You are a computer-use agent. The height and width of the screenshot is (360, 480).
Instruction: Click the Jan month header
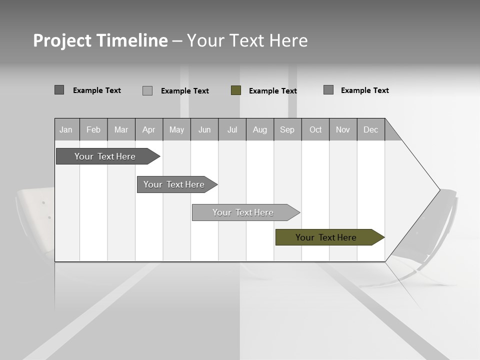tap(66, 129)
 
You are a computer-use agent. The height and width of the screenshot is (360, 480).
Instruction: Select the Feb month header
tap(93, 129)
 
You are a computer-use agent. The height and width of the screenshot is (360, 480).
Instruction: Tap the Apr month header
tap(149, 129)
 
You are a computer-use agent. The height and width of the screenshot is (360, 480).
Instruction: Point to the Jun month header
tap(204, 129)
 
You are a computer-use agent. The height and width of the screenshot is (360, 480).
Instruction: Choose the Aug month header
tap(260, 129)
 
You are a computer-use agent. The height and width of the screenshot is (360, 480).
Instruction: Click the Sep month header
tap(287, 129)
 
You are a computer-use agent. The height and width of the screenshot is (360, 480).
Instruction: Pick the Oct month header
tap(315, 129)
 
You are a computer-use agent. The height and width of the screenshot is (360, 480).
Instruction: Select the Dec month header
tap(371, 129)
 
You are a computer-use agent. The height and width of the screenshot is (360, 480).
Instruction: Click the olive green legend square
tap(236, 90)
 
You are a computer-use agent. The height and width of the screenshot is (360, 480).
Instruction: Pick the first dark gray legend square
tap(59, 90)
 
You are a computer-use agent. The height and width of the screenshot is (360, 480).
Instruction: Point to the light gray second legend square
tap(147, 90)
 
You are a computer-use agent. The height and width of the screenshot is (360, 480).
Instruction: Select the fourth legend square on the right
tap(328, 90)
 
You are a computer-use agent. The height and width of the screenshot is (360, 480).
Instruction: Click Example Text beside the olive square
tap(273, 91)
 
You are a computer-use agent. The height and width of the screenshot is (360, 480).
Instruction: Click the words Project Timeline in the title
tap(100, 40)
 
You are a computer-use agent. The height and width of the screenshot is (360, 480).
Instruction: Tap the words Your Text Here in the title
tap(247, 40)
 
